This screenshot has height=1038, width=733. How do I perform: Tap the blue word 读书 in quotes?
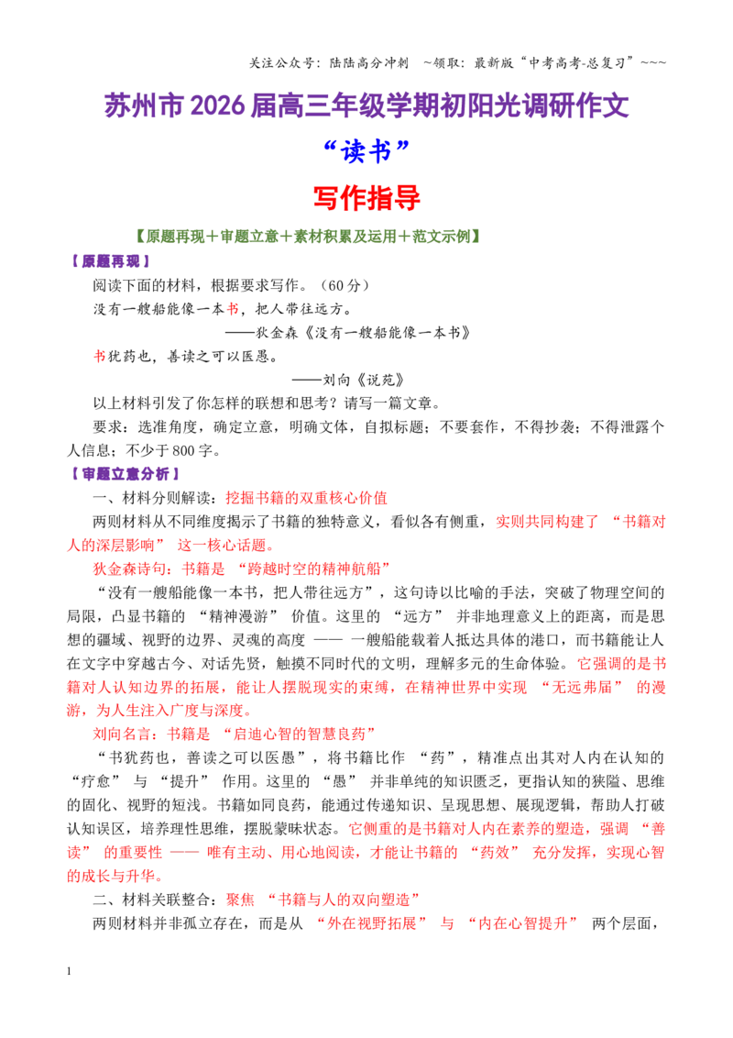pos(366,151)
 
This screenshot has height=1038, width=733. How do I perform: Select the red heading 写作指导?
pos(366,197)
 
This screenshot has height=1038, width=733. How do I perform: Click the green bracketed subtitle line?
pos(307,237)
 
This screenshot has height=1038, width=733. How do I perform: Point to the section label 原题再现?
pos(110,261)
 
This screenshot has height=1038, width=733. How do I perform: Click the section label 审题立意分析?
pos(125,474)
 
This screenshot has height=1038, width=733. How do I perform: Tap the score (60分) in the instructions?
pos(345,285)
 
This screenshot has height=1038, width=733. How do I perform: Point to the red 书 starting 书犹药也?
pos(99,356)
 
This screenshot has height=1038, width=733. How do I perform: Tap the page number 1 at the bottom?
pos(69,971)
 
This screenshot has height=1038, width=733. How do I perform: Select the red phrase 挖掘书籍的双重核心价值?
pos(306,498)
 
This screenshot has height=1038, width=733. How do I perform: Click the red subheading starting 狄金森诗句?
pos(241,569)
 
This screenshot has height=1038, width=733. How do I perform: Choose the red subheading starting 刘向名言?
pos(234,734)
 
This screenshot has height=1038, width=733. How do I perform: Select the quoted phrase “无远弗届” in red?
pos(582,687)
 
